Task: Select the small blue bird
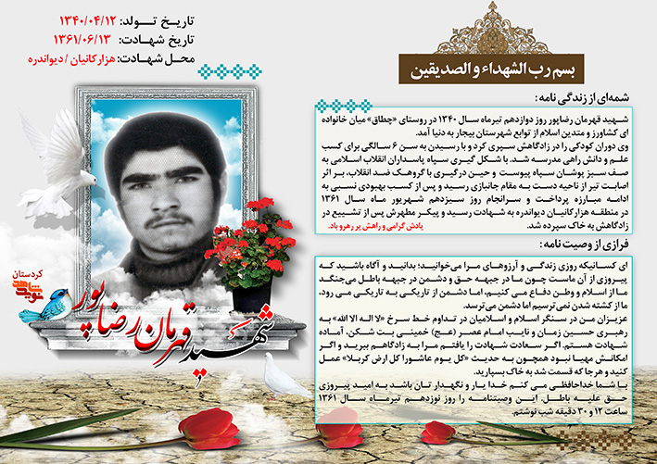coord(39,306)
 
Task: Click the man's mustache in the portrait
coord(158,214)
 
